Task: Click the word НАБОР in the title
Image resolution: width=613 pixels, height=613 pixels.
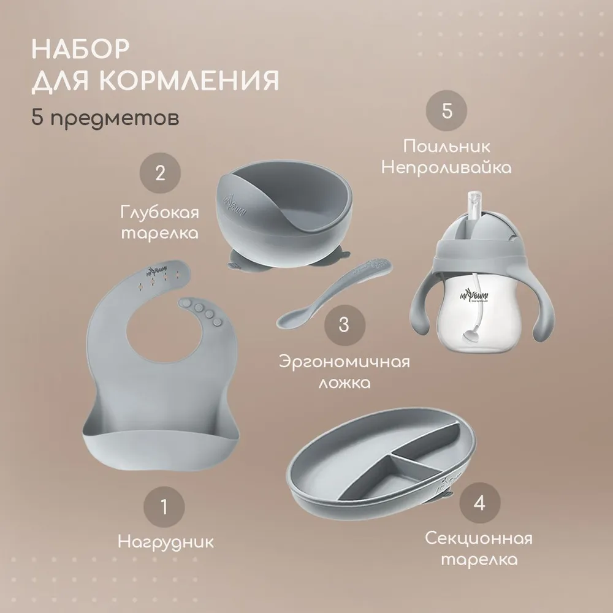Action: pos(80,49)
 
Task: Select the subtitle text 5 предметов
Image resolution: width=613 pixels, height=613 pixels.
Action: pos(105,116)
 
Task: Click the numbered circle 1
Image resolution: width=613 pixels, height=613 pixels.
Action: pos(164,507)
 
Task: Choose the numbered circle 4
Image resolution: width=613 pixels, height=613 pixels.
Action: pos(480,503)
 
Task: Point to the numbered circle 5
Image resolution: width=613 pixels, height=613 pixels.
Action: pos(446,110)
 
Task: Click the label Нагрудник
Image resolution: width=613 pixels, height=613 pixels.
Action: pos(166,543)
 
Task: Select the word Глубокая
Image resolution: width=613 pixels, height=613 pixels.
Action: pos(159,213)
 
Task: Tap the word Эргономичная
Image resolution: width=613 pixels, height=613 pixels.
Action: pos(345,362)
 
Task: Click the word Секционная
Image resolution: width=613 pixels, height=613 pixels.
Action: pos(479,539)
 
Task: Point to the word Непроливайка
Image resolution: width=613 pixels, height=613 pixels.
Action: pos(446,168)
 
